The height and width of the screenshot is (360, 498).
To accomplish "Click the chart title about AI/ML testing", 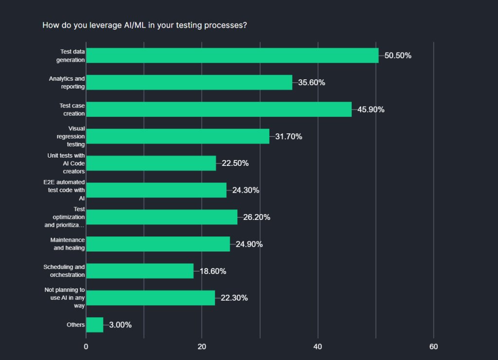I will pos(144,25).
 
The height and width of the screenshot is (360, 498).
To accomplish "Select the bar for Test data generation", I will pos(232,55).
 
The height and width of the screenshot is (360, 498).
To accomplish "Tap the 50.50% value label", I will pos(398,55).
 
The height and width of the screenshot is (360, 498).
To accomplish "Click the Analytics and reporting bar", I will pos(189,82).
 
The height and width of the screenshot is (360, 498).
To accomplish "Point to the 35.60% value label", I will pos(312,83).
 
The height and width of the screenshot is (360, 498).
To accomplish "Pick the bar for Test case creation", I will pos(219,109).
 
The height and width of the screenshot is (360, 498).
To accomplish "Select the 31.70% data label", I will pos(288,137).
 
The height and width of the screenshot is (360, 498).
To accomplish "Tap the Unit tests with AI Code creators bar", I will pos(151,163).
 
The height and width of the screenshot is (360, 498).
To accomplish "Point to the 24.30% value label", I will pos(246,190).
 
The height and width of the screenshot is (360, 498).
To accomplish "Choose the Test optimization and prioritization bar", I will pos(161,217).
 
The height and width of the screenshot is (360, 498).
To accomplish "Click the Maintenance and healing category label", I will pos(68,244).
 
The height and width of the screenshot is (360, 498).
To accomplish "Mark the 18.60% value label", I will pos(213,271).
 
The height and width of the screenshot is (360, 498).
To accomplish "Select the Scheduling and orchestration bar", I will pos(140,271).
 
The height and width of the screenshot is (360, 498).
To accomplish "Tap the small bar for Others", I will pos(94,325).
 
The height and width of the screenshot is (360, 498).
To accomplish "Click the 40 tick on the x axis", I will pos(318,347).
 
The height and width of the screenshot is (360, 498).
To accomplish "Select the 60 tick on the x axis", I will pos(434,347).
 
